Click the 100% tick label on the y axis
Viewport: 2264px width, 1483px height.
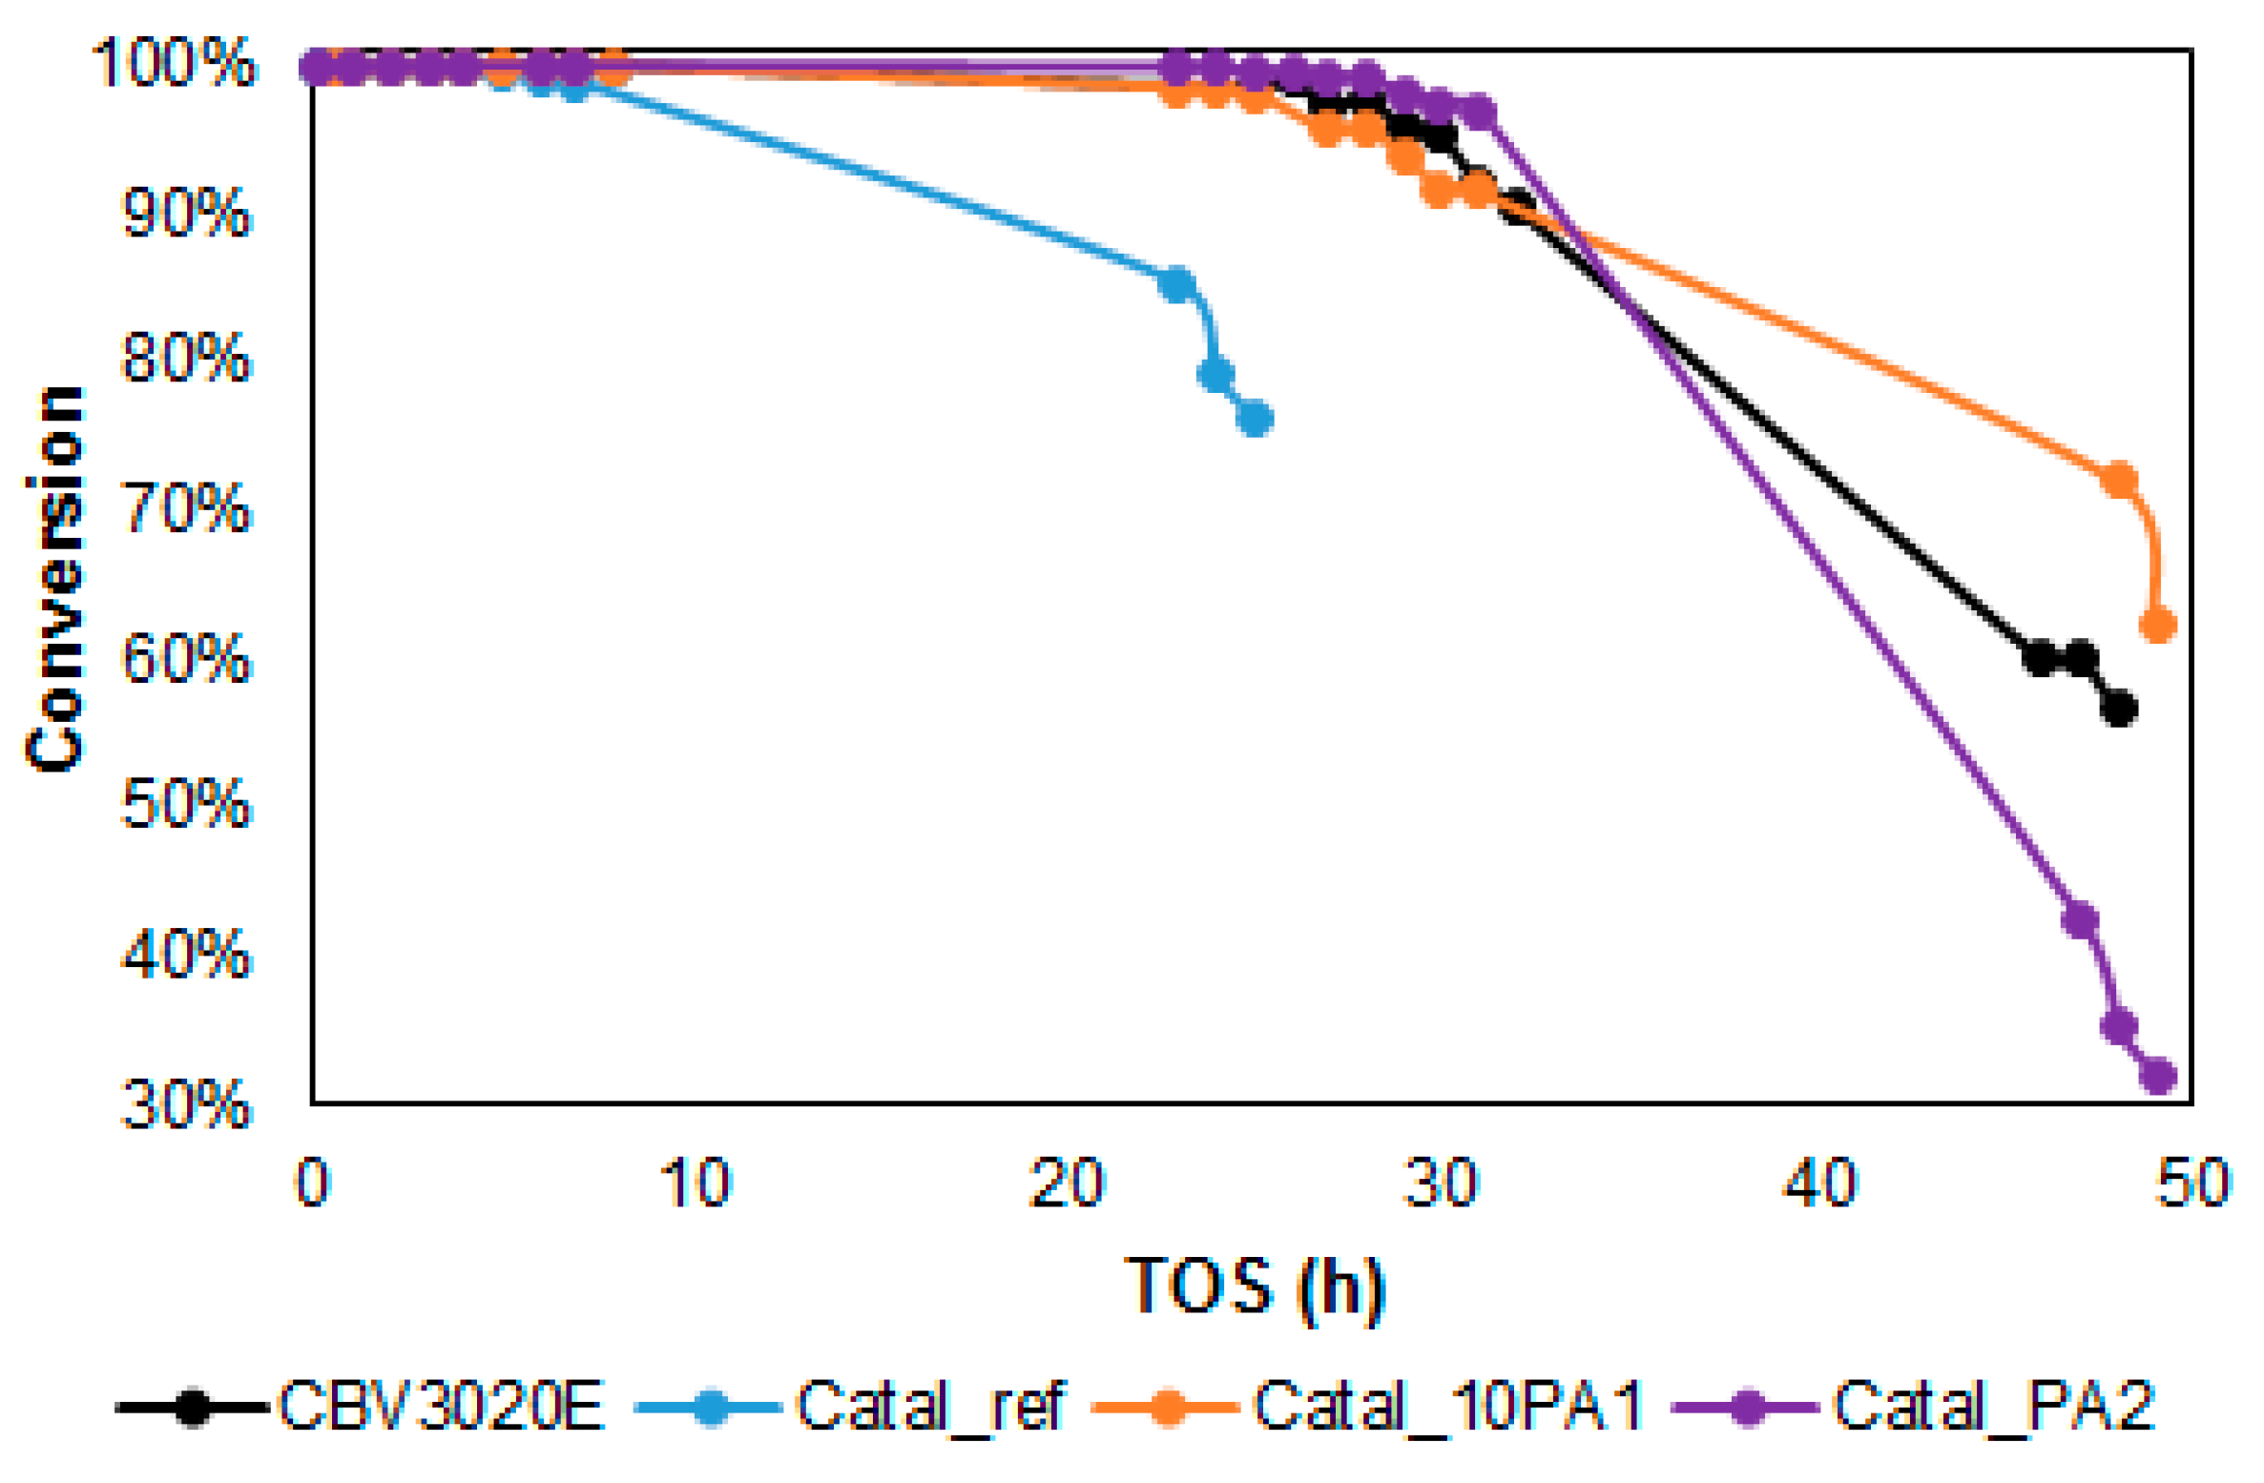pyautogui.click(x=174, y=65)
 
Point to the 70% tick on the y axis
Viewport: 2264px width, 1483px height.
pyautogui.click(x=187, y=507)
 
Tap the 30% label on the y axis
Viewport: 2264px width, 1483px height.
pyautogui.click(x=187, y=1105)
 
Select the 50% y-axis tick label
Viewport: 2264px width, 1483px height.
pyautogui.click(x=187, y=804)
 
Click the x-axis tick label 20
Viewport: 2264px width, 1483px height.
pyautogui.click(x=1067, y=1184)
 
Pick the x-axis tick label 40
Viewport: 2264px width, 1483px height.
pyautogui.click(x=1820, y=1184)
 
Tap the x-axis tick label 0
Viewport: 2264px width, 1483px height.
pyautogui.click(x=312, y=1184)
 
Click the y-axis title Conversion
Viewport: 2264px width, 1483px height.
pyautogui.click(x=55, y=579)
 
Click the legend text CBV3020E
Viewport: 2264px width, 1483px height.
pyautogui.click(x=441, y=1406)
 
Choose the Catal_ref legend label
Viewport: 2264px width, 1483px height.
pyautogui.click(x=930, y=1406)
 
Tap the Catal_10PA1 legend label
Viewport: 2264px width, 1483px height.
pyautogui.click(x=1447, y=1406)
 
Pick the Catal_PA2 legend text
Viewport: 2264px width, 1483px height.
pyautogui.click(x=1994, y=1406)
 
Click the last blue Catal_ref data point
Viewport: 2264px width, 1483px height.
pyautogui.click(x=1256, y=418)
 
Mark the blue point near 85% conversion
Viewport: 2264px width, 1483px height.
pyautogui.click(x=1177, y=283)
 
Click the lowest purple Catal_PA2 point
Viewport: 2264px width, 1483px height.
pyautogui.click(x=2158, y=1077)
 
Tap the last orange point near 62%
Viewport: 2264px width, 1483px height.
pyautogui.click(x=2158, y=625)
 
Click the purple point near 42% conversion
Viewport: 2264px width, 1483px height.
pyautogui.click(x=2080, y=920)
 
